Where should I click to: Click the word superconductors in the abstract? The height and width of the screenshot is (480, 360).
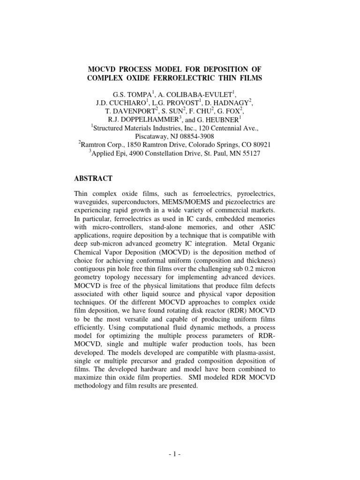[x=131, y=202]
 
